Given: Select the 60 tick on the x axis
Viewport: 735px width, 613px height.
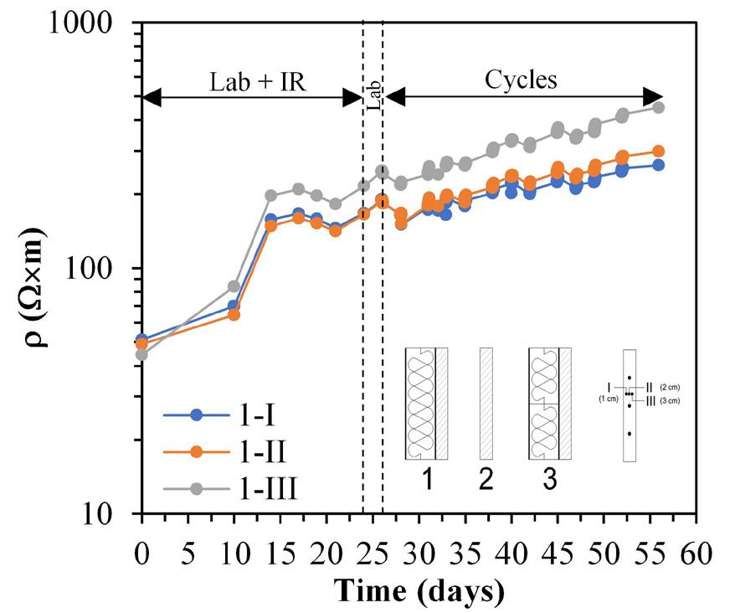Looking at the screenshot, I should (x=694, y=554).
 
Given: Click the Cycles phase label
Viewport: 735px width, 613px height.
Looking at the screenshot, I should (x=521, y=80).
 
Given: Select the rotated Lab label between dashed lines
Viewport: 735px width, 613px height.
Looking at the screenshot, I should (x=373, y=100).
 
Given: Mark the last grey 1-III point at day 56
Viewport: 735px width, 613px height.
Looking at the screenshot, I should (x=658, y=107).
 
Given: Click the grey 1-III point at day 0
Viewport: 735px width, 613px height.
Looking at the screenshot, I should (x=142, y=354).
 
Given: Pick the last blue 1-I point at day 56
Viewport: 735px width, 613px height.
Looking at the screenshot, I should (x=658, y=165).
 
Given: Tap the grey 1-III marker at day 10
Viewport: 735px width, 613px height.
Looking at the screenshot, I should (x=234, y=286).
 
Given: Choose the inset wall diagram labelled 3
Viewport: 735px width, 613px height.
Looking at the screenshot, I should (x=549, y=403).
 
